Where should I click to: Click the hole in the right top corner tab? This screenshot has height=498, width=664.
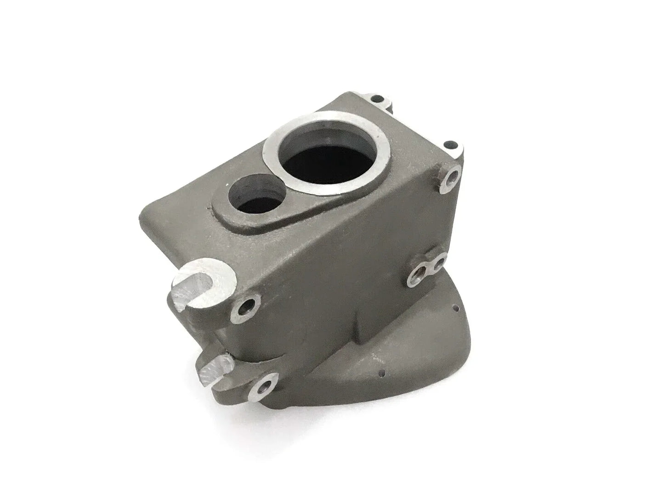(450, 144)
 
